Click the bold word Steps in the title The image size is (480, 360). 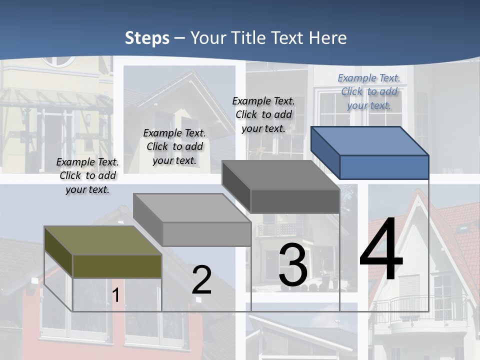147,38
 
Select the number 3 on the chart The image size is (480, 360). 293,265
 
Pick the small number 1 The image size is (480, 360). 115,295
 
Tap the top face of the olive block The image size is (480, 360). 102,240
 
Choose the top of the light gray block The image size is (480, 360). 192,208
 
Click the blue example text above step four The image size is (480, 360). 369,91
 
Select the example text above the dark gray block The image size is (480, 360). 263,114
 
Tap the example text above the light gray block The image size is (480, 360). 174,146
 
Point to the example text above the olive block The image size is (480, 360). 87,175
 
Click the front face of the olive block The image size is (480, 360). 117,266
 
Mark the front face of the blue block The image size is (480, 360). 384,167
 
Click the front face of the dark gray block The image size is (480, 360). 295,201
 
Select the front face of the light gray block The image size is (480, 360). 206,234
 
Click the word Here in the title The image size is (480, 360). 328,38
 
